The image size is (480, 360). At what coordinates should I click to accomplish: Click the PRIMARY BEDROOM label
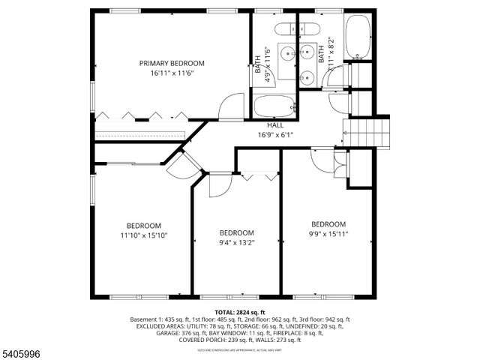[x=172, y=63]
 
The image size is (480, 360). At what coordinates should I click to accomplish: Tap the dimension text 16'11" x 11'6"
[x=172, y=73]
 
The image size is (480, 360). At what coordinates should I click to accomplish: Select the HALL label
[x=275, y=124]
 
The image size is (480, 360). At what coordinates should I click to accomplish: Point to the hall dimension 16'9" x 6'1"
[x=275, y=135]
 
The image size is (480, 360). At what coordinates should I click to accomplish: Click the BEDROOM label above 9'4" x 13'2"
[x=236, y=232]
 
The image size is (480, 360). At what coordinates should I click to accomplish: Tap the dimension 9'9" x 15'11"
[x=328, y=234]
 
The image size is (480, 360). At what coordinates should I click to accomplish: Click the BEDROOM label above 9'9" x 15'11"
[x=328, y=224]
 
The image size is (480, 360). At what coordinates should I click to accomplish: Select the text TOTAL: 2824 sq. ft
[x=240, y=312]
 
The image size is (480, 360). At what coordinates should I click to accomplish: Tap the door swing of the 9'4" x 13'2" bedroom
[x=218, y=185]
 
